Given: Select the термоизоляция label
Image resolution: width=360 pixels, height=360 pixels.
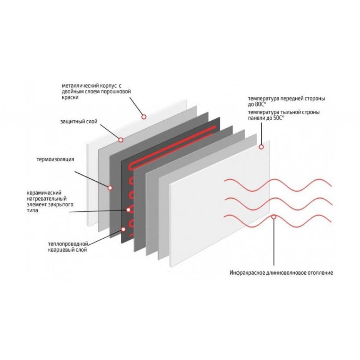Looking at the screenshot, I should (x=55, y=159).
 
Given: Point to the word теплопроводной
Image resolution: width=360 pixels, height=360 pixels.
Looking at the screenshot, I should (x=66, y=244).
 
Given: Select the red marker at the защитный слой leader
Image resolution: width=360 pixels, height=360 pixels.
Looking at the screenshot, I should (x=121, y=140).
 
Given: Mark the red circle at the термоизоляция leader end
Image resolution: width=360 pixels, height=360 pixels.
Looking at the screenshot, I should (x=110, y=188).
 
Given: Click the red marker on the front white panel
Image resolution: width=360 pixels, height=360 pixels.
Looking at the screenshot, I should (x=261, y=147).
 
